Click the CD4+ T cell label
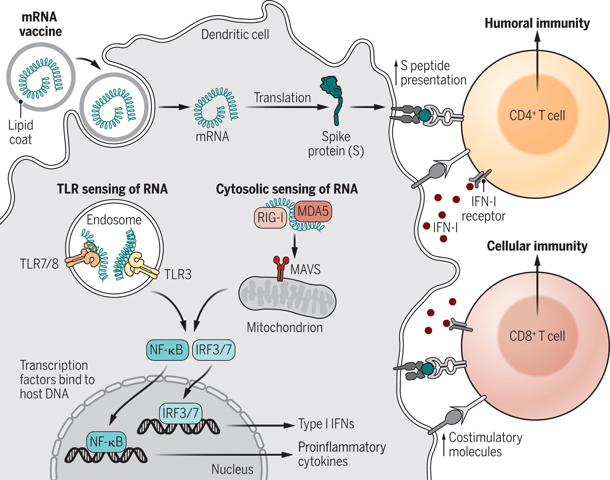(x=537, y=116)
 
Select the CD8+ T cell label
(x=537, y=336)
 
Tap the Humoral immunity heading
(x=537, y=23)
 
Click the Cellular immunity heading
(x=537, y=246)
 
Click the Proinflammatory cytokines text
(x=341, y=454)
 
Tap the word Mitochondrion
(x=285, y=327)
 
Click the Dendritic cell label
(x=235, y=34)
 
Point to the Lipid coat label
(x=20, y=132)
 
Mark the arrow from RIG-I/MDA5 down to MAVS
(x=295, y=246)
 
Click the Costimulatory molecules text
(x=485, y=444)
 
